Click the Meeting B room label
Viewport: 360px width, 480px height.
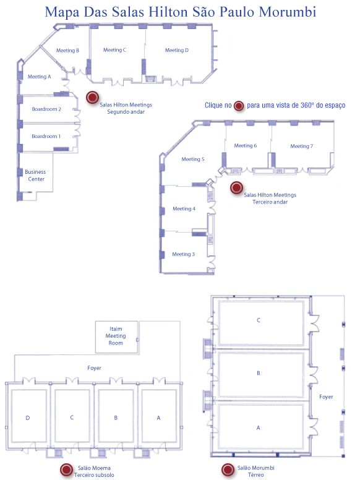67,51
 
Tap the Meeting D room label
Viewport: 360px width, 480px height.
177,50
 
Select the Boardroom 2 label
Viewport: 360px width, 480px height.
46,109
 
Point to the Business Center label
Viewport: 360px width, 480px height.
35,176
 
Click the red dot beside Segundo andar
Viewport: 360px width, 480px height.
92,98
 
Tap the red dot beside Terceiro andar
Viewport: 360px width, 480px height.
237,187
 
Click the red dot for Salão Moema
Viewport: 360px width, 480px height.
66,470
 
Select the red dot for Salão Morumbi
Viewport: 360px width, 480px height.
228,469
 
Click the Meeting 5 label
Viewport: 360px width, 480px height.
193,159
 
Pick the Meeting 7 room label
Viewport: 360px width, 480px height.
301,146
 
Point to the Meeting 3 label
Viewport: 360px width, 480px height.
183,254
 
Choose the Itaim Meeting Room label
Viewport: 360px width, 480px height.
116,336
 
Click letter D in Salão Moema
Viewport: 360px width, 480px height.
28,418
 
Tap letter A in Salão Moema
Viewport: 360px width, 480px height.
158,418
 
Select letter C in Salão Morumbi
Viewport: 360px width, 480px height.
259,320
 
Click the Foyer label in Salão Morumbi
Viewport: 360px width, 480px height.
326,397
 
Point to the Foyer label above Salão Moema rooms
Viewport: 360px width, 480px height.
94,368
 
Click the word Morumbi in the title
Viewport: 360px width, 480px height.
288,12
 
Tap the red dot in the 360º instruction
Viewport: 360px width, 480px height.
239,106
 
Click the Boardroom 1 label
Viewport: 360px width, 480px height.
46,136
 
